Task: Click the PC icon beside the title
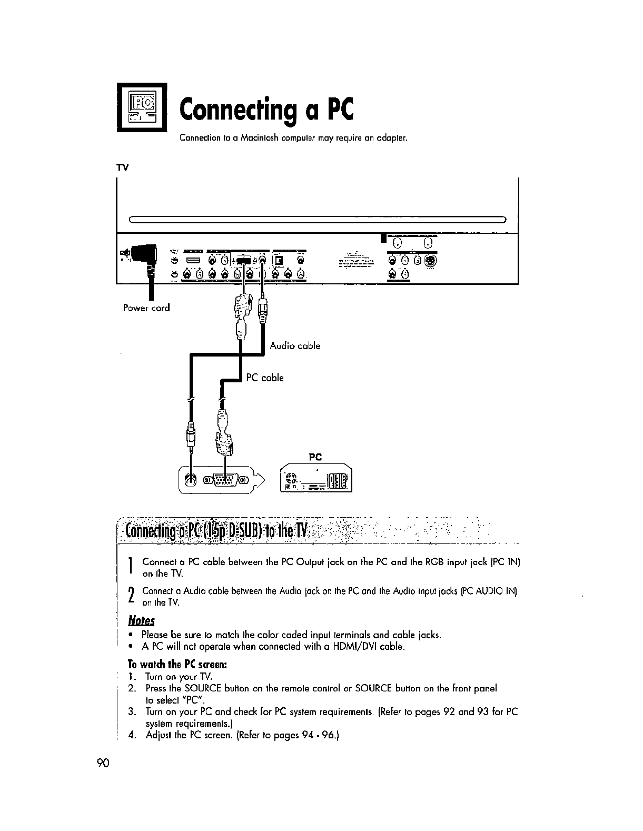tap(142, 108)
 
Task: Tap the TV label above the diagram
tap(122, 167)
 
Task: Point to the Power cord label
tap(146, 308)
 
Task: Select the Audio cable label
tap(295, 346)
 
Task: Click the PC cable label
tap(265, 378)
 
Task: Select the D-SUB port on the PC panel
tap(225, 480)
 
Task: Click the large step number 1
tap(130, 567)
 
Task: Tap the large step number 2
tap(130, 597)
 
